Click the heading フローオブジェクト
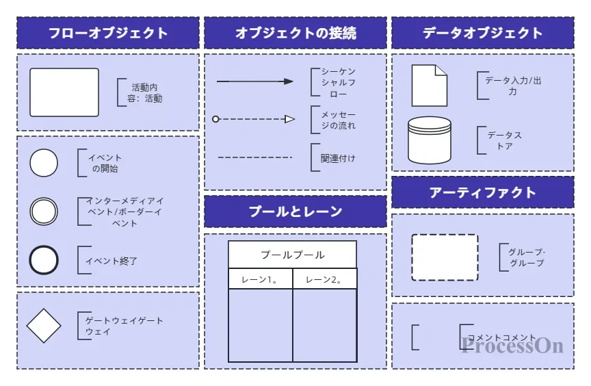point(108,33)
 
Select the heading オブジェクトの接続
point(295,33)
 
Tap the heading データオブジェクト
point(483,33)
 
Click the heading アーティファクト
point(483,192)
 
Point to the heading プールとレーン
point(295,211)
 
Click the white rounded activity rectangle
point(64,92)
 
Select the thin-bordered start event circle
point(44,163)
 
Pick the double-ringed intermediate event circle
point(44,211)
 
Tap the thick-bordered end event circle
point(44,261)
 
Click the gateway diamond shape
point(44,326)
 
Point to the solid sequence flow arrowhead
point(289,81)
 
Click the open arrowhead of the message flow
point(290,119)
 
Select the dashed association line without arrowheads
point(254,157)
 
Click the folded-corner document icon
point(429,86)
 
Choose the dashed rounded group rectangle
point(445,257)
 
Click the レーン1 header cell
point(261,279)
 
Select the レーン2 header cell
point(324,279)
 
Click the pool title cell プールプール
point(293,255)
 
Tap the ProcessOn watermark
point(512,345)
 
